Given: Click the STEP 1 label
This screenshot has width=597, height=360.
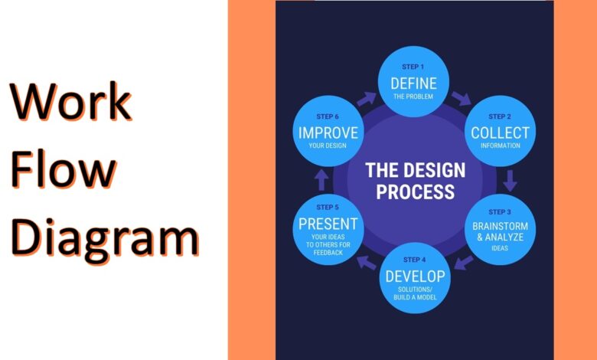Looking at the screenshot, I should pyautogui.click(x=413, y=67).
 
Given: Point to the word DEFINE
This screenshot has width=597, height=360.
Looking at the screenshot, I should pyautogui.click(x=413, y=83).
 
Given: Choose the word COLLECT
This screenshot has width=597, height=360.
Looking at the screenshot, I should pyautogui.click(x=500, y=133).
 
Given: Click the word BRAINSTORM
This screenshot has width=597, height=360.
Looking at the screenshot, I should pyautogui.click(x=500, y=227).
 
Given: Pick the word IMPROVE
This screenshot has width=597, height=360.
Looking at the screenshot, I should pyautogui.click(x=328, y=133).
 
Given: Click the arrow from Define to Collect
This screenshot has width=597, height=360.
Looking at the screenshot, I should pyautogui.click(x=462, y=99).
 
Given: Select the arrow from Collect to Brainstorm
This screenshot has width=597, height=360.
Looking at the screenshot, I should pyautogui.click(x=511, y=181).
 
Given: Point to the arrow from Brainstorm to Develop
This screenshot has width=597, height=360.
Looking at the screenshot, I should pyautogui.click(x=464, y=263).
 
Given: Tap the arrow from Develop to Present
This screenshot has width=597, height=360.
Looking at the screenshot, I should pyautogui.click(x=368, y=263).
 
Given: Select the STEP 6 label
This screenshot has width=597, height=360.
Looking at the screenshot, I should pyautogui.click(x=328, y=116).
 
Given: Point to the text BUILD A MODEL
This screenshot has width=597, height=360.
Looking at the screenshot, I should pyautogui.click(x=416, y=297).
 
